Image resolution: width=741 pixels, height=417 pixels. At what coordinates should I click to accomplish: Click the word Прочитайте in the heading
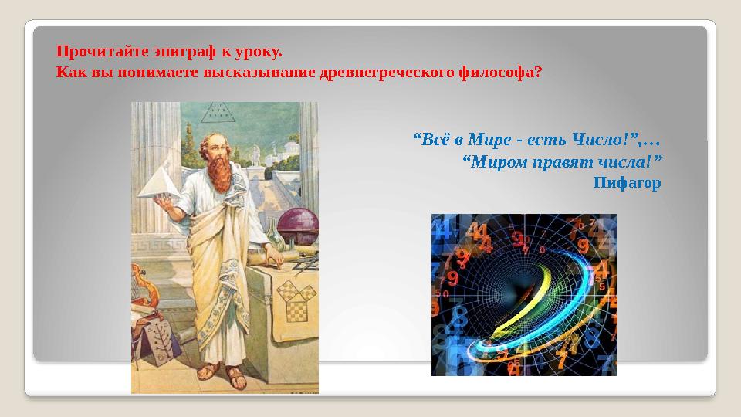[x=89, y=53]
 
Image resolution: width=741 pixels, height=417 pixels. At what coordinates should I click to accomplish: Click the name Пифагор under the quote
[x=627, y=183]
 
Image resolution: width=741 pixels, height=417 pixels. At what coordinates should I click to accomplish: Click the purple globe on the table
[x=297, y=229]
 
